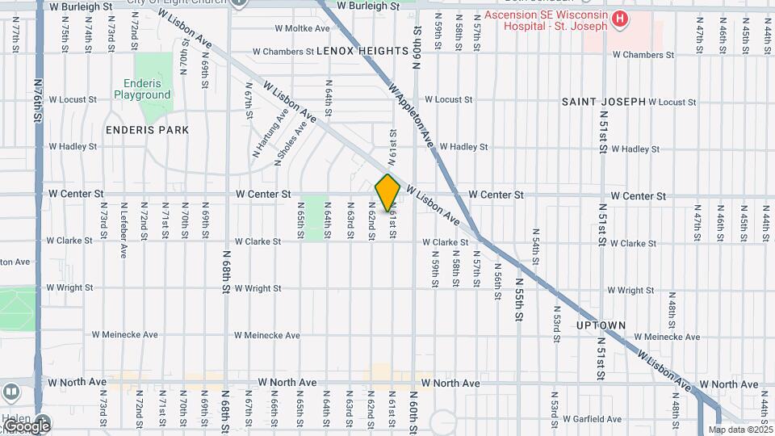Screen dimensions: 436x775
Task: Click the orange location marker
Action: pyautogui.click(x=387, y=192)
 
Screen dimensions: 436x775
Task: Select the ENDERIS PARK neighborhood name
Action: pyautogui.click(x=147, y=129)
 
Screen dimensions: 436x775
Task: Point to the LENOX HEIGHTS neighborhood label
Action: pyautogui.click(x=351, y=51)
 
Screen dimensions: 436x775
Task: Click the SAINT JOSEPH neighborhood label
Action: pyautogui.click(x=604, y=102)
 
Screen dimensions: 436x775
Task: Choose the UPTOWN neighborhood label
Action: pyautogui.click(x=601, y=325)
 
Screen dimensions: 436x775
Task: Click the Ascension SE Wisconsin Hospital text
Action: pyautogui.click(x=545, y=19)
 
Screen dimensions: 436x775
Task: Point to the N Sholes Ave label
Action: pyautogui.click(x=291, y=144)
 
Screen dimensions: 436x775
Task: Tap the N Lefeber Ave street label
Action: pyautogui.click(x=124, y=233)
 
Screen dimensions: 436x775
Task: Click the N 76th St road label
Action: pyautogui.click(x=38, y=100)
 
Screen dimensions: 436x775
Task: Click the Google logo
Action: pyautogui.click(x=27, y=426)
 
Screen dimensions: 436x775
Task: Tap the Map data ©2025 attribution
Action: pyautogui.click(x=740, y=430)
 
